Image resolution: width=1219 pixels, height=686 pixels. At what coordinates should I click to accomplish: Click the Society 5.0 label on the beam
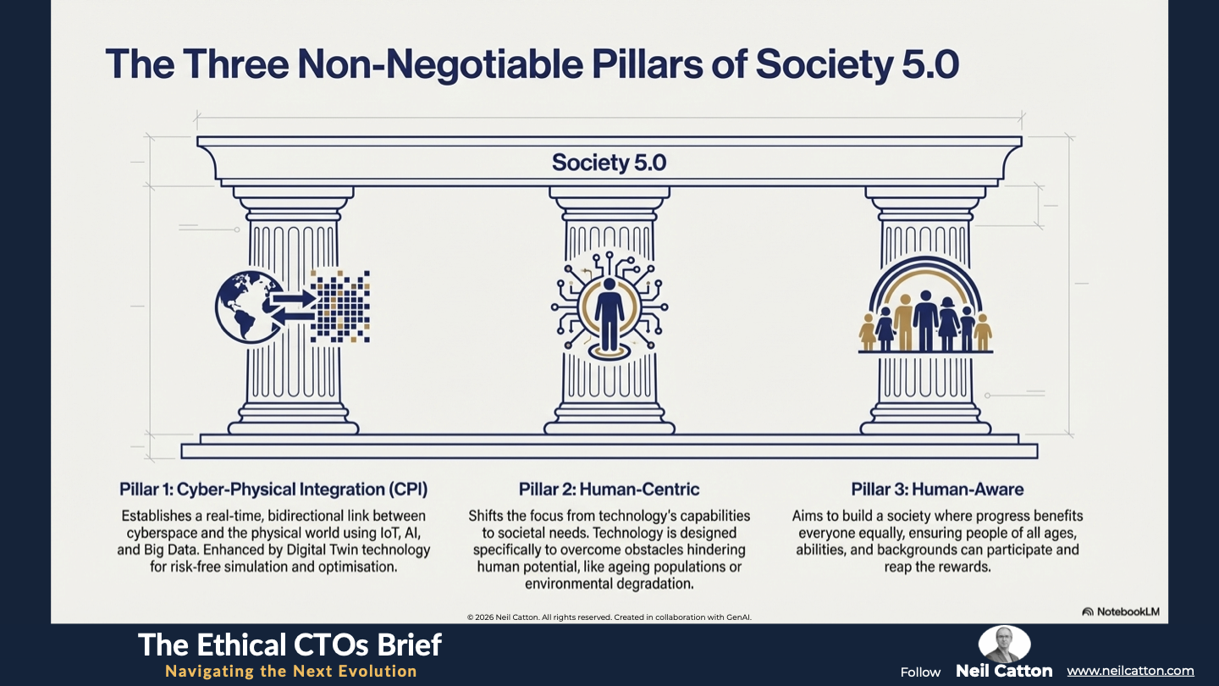coord(609,162)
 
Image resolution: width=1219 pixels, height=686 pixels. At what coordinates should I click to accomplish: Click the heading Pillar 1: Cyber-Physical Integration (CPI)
coord(273,489)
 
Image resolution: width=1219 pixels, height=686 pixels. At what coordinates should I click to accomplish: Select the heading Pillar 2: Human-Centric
coord(609,489)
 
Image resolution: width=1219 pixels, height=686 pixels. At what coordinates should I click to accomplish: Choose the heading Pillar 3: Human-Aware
coord(937,489)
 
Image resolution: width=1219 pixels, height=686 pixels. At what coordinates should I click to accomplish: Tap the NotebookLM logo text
coord(1123,611)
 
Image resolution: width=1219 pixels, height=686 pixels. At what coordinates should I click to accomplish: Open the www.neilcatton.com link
coord(1130,671)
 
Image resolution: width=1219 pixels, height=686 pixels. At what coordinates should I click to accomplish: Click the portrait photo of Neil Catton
coord(1004,644)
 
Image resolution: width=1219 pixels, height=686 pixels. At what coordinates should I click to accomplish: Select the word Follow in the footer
coord(920,672)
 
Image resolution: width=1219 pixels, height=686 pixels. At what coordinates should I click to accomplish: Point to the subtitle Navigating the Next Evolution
coord(291,671)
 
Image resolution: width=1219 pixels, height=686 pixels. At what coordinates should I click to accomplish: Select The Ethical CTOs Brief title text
coord(290,645)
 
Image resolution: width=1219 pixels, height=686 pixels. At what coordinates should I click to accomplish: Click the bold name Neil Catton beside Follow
coord(1004,671)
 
